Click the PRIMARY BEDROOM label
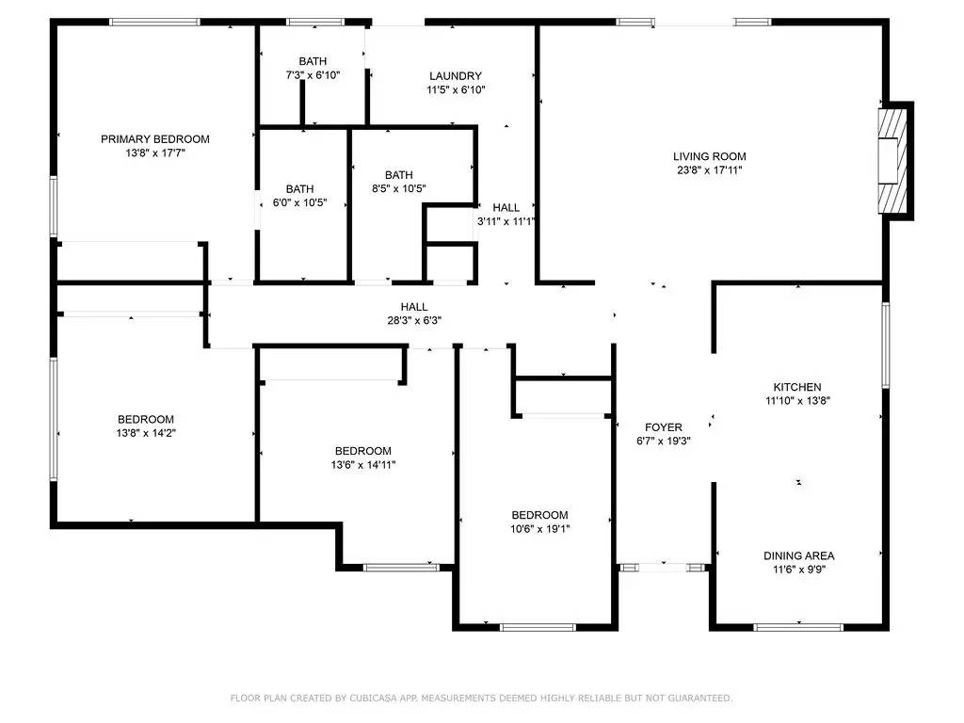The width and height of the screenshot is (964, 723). pyautogui.click(x=155, y=139)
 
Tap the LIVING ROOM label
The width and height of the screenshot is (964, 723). pyautogui.click(x=709, y=156)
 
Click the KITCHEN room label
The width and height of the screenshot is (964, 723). pyautogui.click(x=797, y=387)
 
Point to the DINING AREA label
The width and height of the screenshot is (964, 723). pyautogui.click(x=798, y=555)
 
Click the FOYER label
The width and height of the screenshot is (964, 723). pyautogui.click(x=664, y=427)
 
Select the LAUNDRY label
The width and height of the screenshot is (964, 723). pyautogui.click(x=456, y=76)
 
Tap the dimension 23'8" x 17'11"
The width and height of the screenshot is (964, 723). pyautogui.click(x=709, y=170)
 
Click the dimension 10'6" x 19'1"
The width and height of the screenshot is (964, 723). pyautogui.click(x=540, y=529)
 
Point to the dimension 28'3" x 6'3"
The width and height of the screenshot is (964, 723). pyautogui.click(x=414, y=320)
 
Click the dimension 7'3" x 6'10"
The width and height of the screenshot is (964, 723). pyautogui.click(x=313, y=74)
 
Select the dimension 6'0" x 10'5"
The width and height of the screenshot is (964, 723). pyautogui.click(x=299, y=202)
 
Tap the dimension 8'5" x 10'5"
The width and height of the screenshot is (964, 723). pyautogui.click(x=398, y=188)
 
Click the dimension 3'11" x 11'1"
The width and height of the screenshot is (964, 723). pyautogui.click(x=506, y=222)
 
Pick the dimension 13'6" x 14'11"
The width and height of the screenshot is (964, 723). pyautogui.click(x=362, y=464)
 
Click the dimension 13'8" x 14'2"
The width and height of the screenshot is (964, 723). pyautogui.click(x=146, y=433)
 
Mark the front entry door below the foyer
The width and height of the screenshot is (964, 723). pyautogui.click(x=663, y=568)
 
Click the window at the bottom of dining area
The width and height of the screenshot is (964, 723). pyautogui.click(x=798, y=626)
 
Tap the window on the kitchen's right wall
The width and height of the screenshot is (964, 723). pyautogui.click(x=885, y=345)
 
